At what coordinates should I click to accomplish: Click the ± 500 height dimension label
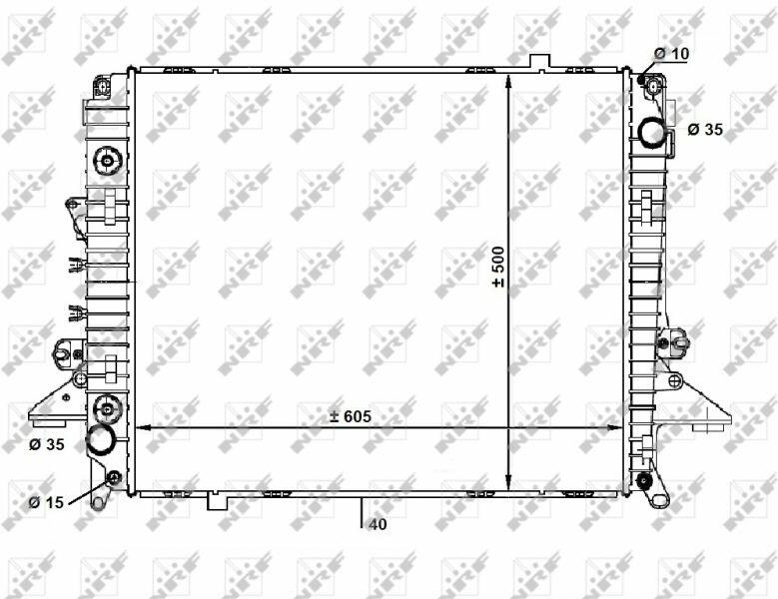(x=498, y=267)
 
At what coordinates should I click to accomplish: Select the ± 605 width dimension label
(x=352, y=416)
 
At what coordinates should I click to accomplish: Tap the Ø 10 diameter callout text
(x=672, y=54)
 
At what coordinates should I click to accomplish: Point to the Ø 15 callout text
(x=47, y=502)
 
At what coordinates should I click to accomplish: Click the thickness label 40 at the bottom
(x=379, y=524)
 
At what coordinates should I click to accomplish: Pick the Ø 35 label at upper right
(x=705, y=130)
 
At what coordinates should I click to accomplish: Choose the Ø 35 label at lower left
(x=47, y=444)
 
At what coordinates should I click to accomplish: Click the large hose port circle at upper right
(x=652, y=133)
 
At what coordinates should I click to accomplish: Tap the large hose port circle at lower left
(x=101, y=440)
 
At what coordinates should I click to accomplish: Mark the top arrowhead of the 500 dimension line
(x=508, y=80)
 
